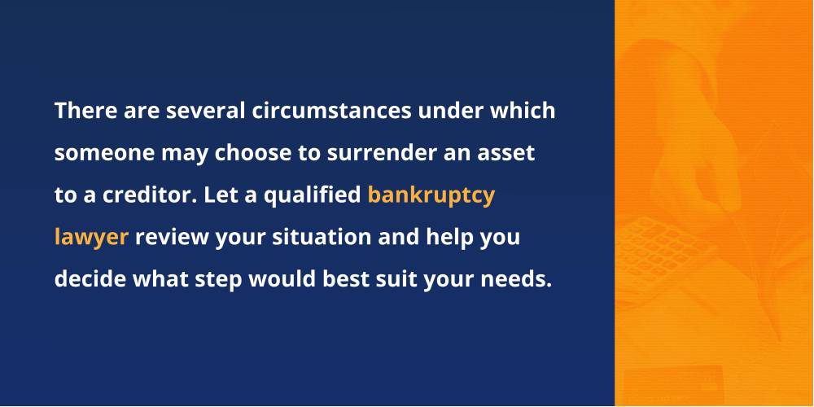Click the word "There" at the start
[x=86, y=111]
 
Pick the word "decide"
[x=90, y=280]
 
